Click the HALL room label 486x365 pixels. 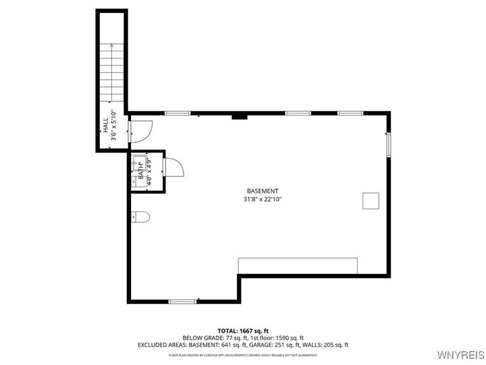[105, 126]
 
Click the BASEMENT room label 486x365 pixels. [263, 191]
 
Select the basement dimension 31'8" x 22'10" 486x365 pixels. [263, 199]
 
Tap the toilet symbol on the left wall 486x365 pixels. [140, 216]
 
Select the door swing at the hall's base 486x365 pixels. [141, 130]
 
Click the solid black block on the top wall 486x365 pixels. [239, 116]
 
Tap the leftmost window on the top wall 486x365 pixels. [177, 113]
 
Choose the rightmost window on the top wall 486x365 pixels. [350, 113]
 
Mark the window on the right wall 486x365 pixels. [388, 145]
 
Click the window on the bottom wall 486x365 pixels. [182, 301]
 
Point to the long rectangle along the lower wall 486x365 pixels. [298, 265]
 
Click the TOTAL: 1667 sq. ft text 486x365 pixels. [243, 330]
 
